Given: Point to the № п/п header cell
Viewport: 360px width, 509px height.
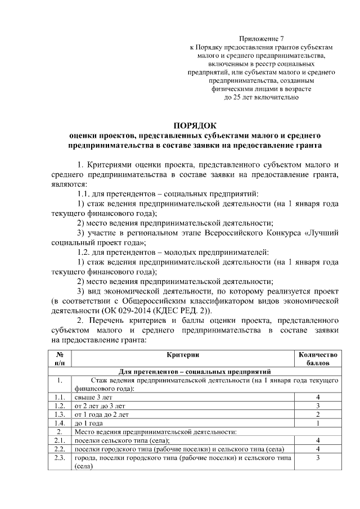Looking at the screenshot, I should click(59, 358).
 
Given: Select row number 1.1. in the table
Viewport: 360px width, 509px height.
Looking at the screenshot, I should click(59, 397).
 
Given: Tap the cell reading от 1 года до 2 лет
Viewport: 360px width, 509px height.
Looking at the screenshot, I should click(102, 415).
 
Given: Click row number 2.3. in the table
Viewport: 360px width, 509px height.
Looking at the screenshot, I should click(59, 458).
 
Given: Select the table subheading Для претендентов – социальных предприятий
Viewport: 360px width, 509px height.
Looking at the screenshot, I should click(195, 372).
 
